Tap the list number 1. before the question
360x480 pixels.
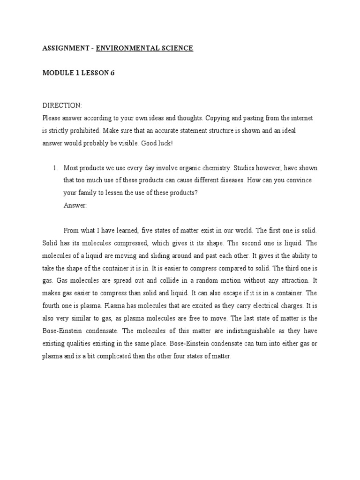point(55,168)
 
